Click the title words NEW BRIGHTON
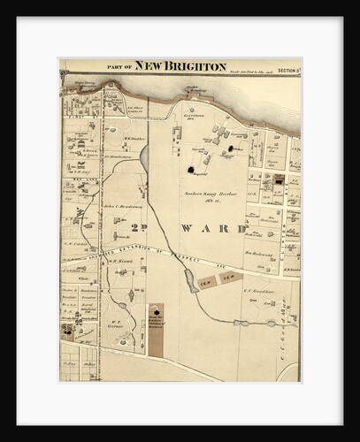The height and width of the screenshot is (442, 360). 181,67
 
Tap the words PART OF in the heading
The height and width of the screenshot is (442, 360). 121,68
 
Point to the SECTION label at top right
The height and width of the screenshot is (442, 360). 286,68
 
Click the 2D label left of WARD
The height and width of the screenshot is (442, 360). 139,226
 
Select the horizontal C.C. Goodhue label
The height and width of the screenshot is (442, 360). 259,290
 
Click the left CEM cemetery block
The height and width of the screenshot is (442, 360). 206,282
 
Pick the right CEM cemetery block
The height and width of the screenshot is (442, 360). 229,278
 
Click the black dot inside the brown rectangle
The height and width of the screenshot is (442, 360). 157,311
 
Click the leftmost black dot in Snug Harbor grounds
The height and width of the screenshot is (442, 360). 189,168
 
